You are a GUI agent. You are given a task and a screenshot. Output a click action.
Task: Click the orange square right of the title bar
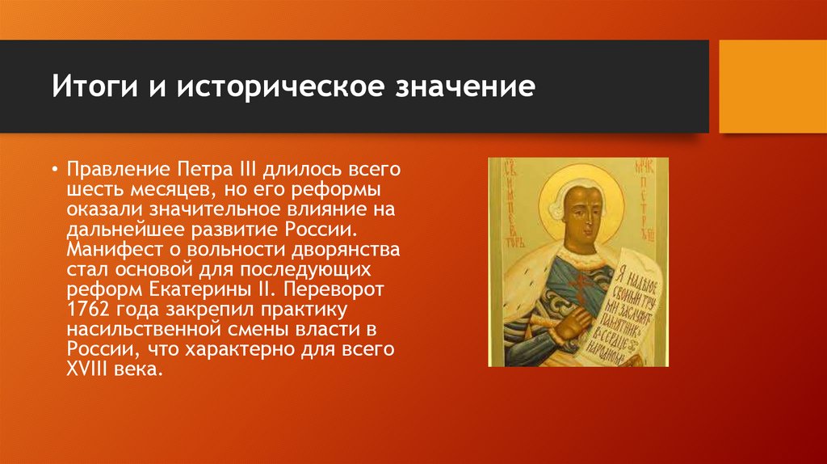coord(772,86)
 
